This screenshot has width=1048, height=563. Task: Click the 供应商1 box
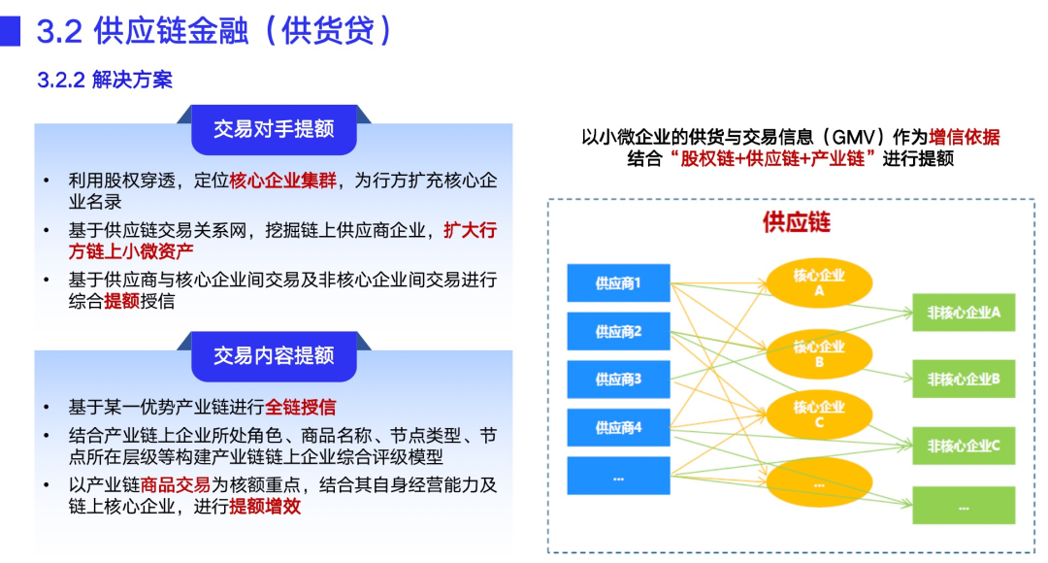coord(618,283)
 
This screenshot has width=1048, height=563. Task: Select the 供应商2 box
coord(618,332)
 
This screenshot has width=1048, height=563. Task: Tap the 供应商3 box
coord(618,380)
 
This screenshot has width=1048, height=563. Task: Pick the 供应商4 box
coord(618,427)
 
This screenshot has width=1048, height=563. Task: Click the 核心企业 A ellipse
coord(819,282)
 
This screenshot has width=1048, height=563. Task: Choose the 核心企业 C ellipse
coord(819,414)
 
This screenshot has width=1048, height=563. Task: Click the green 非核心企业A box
coord(963,313)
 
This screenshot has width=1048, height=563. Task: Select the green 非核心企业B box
coord(963,379)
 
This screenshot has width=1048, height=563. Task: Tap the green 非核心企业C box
coord(963,446)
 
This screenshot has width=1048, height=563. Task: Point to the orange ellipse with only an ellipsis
coord(819,482)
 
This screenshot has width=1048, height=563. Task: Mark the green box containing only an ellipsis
coord(963,506)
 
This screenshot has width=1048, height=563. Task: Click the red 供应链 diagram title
coord(797,222)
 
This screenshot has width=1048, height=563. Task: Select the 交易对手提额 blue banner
coord(274,130)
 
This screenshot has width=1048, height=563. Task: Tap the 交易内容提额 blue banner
coord(274,355)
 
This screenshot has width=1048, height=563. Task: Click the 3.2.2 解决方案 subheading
coord(105,81)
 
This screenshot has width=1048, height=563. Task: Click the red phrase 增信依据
coord(964,138)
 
